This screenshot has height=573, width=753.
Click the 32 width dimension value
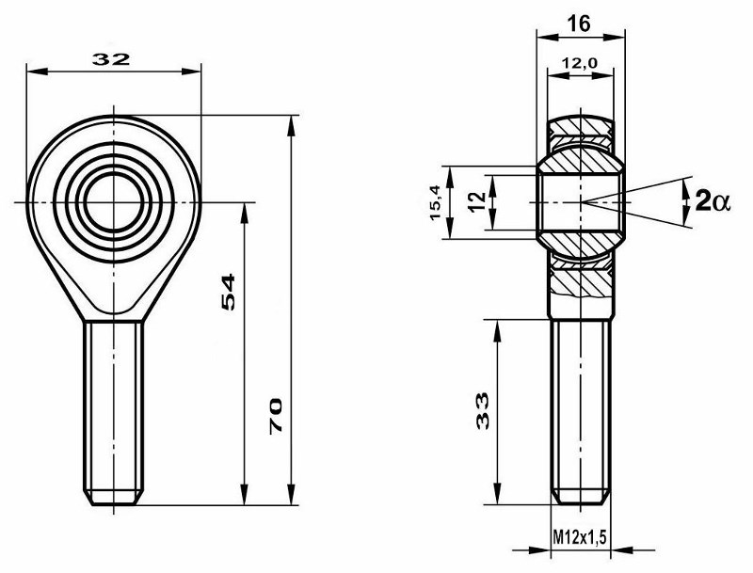111,58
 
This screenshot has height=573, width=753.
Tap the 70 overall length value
277,414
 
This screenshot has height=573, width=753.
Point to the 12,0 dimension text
579,63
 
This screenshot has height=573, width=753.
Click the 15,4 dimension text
436,202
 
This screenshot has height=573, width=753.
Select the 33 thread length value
483,410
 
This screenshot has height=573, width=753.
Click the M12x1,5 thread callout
579,536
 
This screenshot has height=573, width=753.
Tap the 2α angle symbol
712,200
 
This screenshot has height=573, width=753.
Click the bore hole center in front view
114,200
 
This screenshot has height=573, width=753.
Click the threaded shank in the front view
114,405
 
